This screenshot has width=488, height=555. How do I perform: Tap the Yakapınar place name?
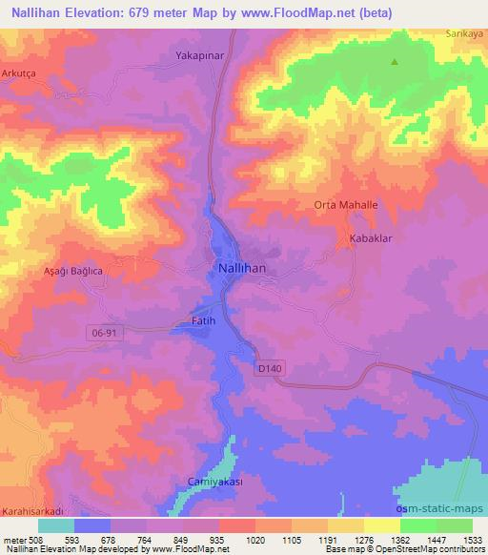click(199, 56)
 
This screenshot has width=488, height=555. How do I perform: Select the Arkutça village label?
click(18, 72)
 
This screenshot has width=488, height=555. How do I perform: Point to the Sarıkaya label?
click(466, 32)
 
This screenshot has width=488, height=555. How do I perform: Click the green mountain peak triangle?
click(395, 63)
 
